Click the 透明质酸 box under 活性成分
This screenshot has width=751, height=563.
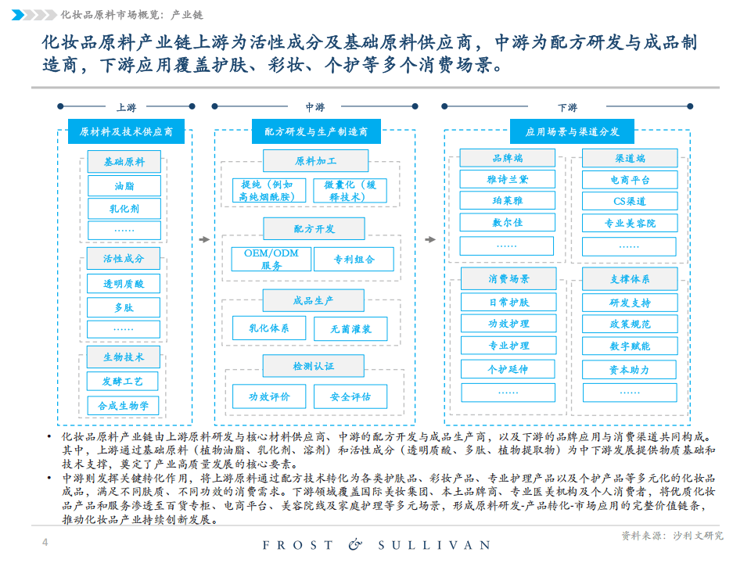[124, 284]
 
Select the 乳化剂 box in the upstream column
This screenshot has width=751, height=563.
[124, 209]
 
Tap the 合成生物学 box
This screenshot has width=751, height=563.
[123, 406]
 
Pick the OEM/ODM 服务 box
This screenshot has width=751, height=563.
[271, 259]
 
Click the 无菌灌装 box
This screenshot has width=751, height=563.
[350, 329]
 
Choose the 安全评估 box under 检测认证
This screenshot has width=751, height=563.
[350, 396]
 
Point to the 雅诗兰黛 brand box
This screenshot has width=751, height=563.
[507, 180]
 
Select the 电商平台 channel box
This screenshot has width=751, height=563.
[630, 180]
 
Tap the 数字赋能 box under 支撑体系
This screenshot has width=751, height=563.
[630, 346]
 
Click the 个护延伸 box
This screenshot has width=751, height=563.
[508, 369]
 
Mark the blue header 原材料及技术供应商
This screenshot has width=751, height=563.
[126, 131]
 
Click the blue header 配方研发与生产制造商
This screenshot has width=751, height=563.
[316, 131]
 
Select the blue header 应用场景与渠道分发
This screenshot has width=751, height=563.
[573, 131]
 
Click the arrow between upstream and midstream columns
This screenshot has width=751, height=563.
[204, 239]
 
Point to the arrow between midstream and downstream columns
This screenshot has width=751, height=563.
[430, 239]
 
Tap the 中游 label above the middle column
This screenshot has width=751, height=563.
[315, 107]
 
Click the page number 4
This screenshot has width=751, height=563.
[45, 542]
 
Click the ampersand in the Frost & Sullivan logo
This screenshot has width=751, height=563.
[355, 544]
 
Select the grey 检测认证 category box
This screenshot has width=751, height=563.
[314, 366]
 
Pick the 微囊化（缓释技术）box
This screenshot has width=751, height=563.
[350, 191]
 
